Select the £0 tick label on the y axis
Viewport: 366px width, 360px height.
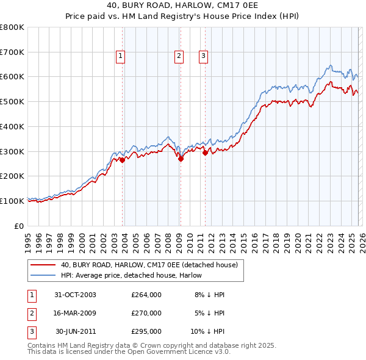coord(20,226)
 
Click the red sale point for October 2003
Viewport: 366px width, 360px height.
coord(123,160)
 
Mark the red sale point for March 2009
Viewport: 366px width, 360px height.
coord(181,159)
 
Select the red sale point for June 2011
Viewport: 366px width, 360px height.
coord(205,153)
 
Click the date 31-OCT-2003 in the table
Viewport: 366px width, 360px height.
coord(75,295)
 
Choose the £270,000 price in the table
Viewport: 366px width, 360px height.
coord(146,313)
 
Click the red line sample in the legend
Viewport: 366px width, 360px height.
coord(43,265)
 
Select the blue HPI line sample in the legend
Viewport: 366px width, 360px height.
coord(43,275)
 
